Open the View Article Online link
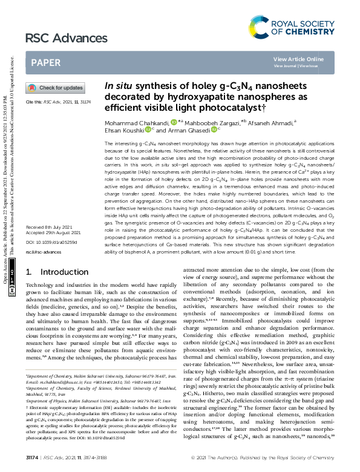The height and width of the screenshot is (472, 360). [x=298, y=59]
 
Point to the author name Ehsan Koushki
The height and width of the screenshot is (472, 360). [x=125, y=129]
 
